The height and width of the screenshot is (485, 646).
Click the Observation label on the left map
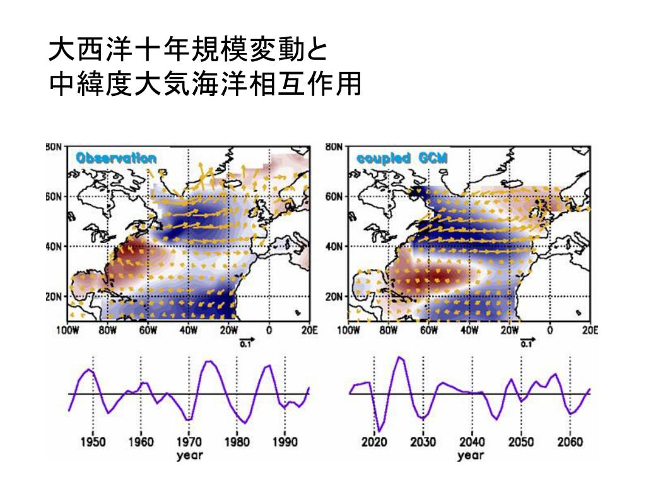(116, 159)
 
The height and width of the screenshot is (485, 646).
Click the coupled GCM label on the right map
(402, 159)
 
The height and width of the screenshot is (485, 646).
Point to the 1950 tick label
(93, 442)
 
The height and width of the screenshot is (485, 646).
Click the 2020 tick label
(374, 442)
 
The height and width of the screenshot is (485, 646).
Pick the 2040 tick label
(472, 442)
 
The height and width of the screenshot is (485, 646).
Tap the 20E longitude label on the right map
(590, 330)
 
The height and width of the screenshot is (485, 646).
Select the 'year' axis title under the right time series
(471, 455)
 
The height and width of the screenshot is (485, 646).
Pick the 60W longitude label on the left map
(148, 330)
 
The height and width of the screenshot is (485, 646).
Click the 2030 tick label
(423, 442)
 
